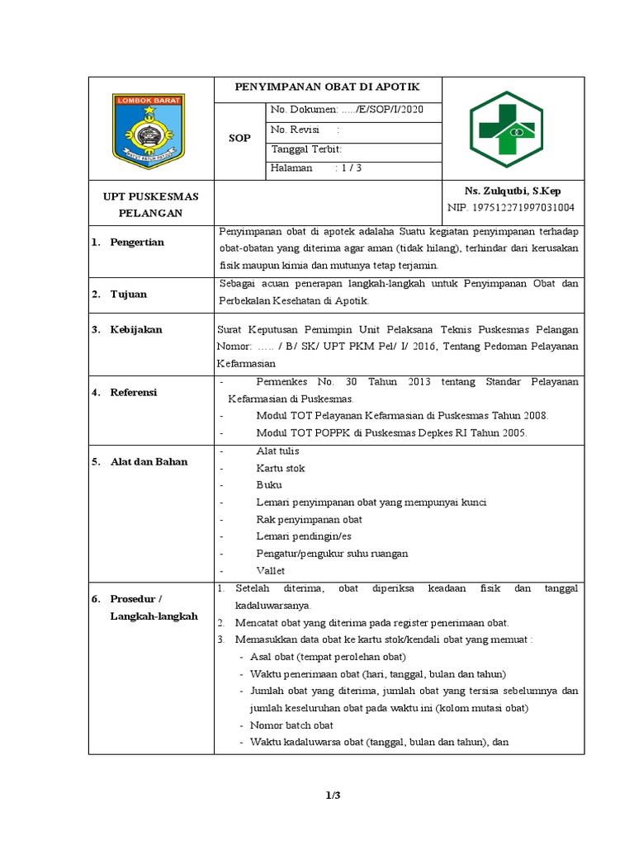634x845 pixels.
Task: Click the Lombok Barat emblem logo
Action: click(x=149, y=130)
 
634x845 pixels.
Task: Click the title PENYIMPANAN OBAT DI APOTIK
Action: click(x=328, y=87)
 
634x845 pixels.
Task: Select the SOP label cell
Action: click(x=239, y=139)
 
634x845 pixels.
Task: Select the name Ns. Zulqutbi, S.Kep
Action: click(x=512, y=191)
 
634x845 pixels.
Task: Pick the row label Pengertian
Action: click(x=137, y=242)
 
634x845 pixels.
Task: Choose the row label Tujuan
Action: click(x=128, y=294)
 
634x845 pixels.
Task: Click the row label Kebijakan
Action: click(x=136, y=329)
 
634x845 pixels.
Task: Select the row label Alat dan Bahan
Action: click(x=149, y=461)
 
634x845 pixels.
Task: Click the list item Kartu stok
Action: click(x=281, y=468)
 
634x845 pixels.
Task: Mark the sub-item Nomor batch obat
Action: click(x=291, y=725)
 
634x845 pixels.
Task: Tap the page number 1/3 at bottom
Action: click(x=333, y=795)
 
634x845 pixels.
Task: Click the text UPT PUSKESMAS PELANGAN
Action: click(x=149, y=205)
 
